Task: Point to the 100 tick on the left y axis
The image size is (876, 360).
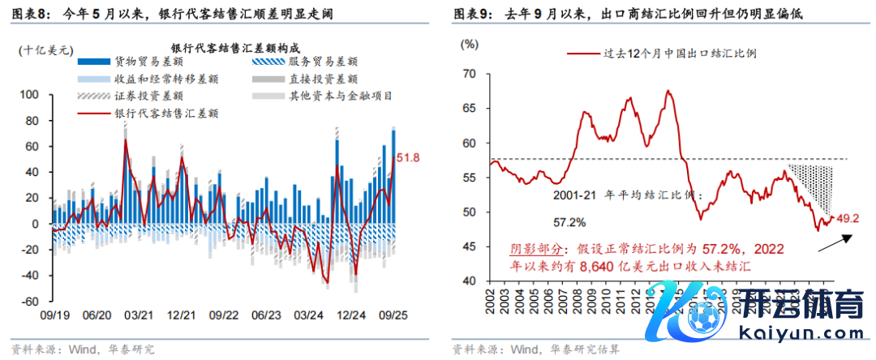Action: [x=29, y=95]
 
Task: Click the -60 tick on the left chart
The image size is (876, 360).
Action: [x=29, y=302]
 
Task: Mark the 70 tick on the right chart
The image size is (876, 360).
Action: [x=470, y=74]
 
